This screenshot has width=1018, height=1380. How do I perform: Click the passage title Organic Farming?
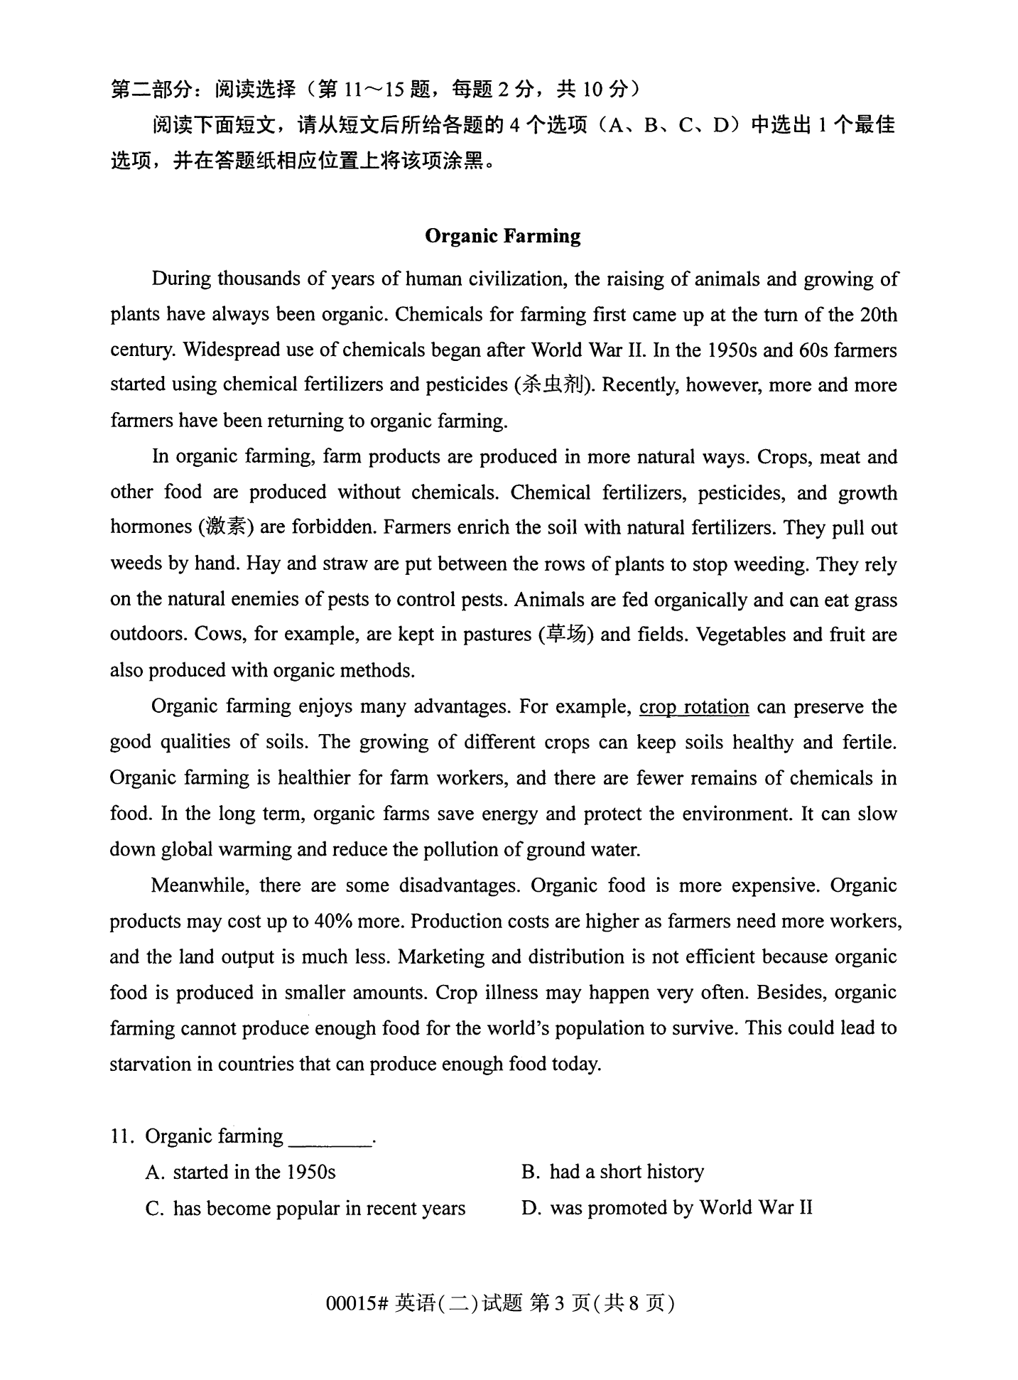point(502,236)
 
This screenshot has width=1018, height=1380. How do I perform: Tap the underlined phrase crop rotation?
point(693,707)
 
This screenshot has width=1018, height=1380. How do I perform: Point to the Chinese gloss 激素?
point(227,527)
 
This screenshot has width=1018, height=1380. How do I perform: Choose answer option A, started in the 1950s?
point(240,1172)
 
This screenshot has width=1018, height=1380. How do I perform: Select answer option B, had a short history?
point(612,1172)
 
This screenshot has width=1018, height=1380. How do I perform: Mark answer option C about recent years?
point(305,1208)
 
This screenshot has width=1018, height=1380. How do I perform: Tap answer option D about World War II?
point(667,1208)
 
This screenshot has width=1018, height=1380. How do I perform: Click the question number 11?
point(122,1136)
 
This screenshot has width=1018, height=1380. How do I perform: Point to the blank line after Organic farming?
point(330,1141)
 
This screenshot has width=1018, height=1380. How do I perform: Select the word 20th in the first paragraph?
point(878,314)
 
